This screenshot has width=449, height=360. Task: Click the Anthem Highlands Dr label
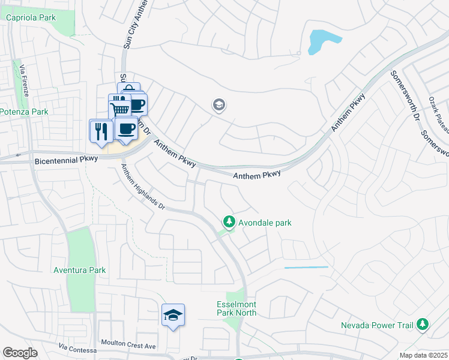coord(143,186)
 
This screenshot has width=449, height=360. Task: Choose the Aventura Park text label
coord(80,270)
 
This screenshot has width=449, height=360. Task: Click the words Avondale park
coord(265,223)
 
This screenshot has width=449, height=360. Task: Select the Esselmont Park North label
coord(237,308)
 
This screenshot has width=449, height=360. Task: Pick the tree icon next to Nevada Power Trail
coord(423,324)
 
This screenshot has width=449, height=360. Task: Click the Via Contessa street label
coord(77,349)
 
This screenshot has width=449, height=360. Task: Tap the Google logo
coord(20,353)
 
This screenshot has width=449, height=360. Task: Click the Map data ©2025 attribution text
coord(423,355)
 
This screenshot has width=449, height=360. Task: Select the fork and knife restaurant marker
coord(100,131)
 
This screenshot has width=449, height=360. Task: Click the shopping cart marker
coord(119,109)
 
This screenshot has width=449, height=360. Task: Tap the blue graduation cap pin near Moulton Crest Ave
coord(173,315)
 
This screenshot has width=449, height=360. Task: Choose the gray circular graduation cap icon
coord(219,106)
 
